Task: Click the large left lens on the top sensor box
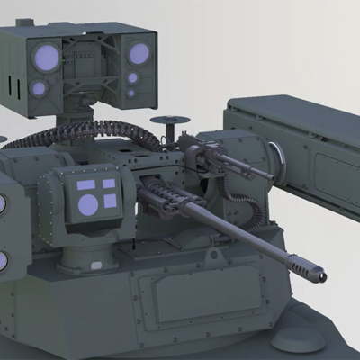click(47, 58)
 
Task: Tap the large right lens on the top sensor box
click(138, 54)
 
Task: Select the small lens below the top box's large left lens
click(39, 88)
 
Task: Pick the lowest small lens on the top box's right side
click(132, 93)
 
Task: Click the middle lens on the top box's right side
click(132, 77)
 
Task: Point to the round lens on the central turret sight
click(88, 204)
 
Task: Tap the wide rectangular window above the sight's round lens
click(88, 185)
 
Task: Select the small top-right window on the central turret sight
click(110, 184)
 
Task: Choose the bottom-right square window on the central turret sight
click(110, 202)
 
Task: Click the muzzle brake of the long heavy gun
click(306, 266)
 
